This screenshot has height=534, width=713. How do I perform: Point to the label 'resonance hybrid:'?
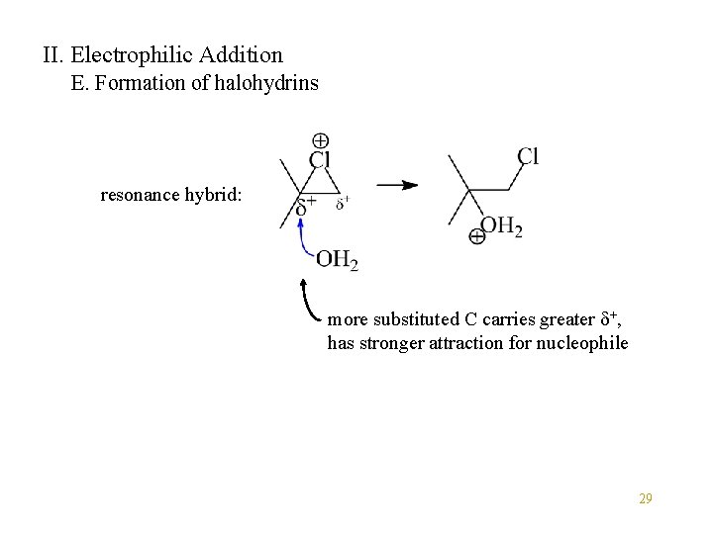coord(170,195)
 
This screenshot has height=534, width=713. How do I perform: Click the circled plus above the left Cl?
coord(321,140)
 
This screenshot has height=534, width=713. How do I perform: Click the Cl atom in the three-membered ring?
coord(320,160)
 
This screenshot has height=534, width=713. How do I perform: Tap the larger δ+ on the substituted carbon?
coord(307,207)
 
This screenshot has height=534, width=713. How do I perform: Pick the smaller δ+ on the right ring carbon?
coord(342,204)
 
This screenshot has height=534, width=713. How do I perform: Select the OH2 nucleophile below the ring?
coord(337,260)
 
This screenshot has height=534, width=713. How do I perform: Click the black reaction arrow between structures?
coord(396,185)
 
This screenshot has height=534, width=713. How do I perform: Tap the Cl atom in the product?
coord(528,157)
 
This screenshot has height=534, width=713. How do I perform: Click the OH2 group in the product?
coord(501,227)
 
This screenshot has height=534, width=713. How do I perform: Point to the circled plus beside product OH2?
coord(477,237)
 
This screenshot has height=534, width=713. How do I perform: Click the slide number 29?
coord(645,498)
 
